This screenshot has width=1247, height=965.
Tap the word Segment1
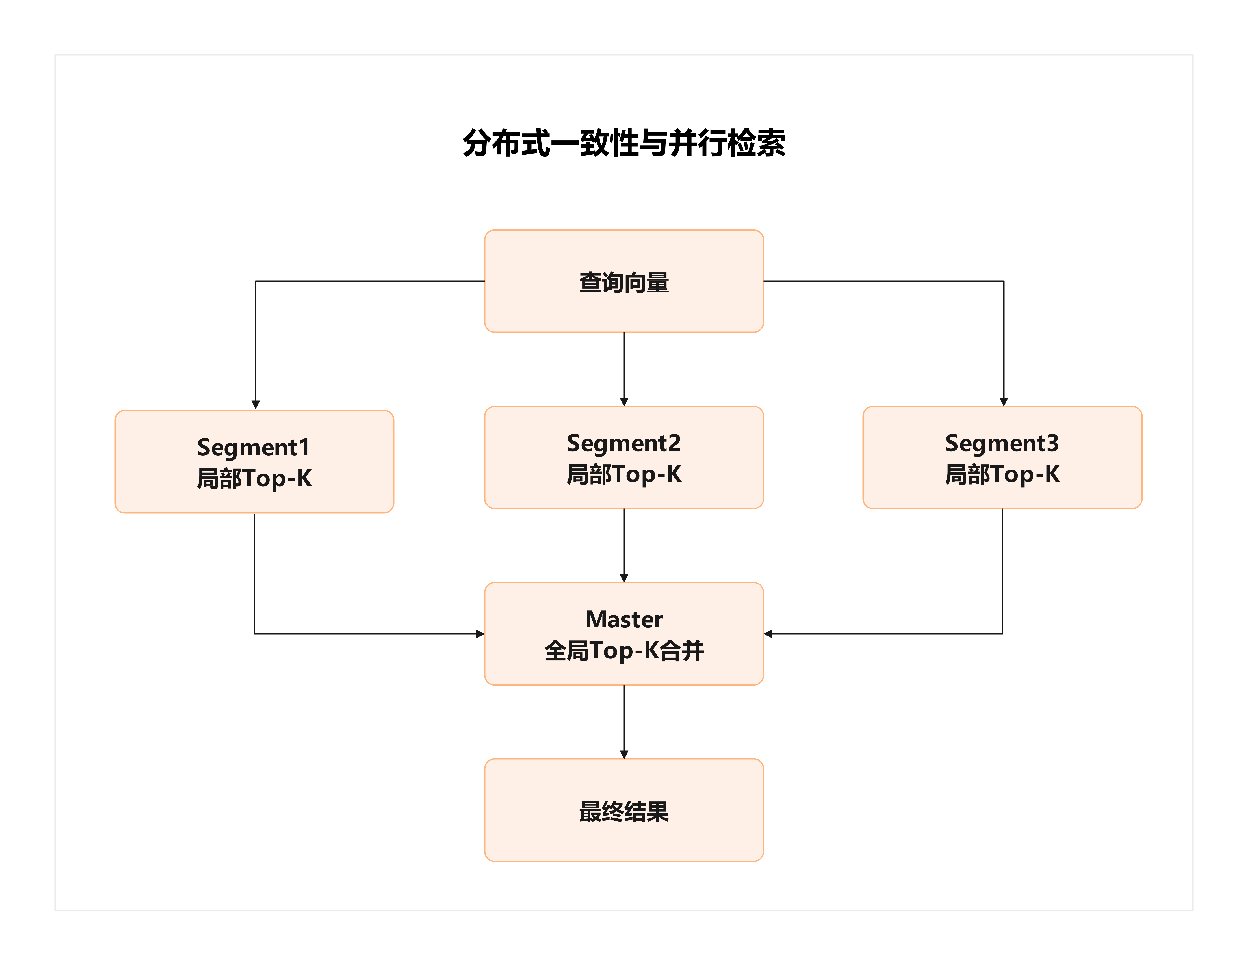(x=253, y=447)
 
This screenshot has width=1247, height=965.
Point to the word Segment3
(x=1002, y=444)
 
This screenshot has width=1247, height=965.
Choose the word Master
(x=624, y=620)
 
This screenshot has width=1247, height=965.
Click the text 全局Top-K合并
(x=624, y=651)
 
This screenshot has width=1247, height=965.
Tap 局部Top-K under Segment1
(x=254, y=478)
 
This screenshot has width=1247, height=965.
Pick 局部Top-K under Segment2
(x=624, y=474)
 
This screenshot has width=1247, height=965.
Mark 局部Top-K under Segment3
(x=1002, y=474)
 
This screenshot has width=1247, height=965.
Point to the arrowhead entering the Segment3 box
(x=1004, y=402)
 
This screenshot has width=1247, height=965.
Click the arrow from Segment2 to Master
(x=624, y=545)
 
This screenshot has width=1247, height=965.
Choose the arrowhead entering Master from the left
(x=480, y=634)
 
